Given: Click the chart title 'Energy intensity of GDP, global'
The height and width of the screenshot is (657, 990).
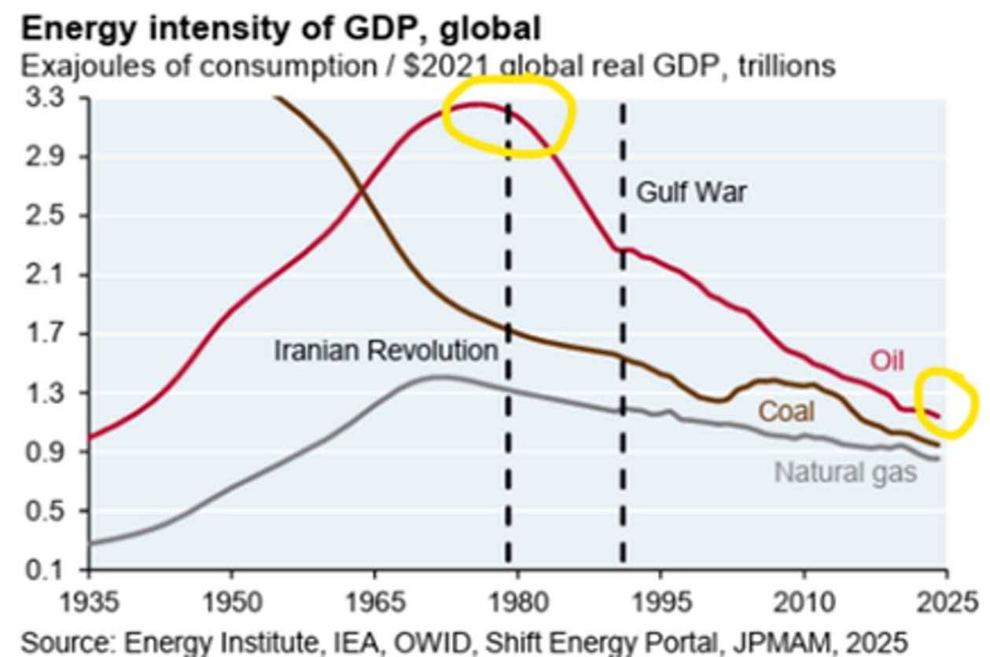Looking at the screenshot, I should coord(282,28).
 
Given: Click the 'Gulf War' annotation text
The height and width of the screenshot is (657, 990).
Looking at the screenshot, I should coord(690,193).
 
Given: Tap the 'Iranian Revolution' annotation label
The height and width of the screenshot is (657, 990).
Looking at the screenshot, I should coord(386,351).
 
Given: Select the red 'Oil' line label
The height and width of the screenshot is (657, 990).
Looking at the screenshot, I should coord(887,361).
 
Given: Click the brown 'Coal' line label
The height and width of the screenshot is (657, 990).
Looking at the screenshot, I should coord(786,411).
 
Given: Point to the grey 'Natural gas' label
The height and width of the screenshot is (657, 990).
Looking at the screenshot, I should coord(846,472).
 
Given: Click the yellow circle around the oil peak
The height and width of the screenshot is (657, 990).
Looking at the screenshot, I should coord(510,118).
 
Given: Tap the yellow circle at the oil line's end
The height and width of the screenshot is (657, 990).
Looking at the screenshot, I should coord(949,402).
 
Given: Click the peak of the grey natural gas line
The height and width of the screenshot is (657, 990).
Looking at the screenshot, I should coord(434,377).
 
